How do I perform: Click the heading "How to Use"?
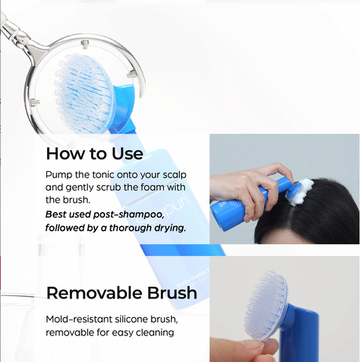(x=94, y=153)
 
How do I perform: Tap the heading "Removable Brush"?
(x=122, y=293)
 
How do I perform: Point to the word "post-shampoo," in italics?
(x=129, y=215)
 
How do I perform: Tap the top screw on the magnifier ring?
(x=85, y=44)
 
